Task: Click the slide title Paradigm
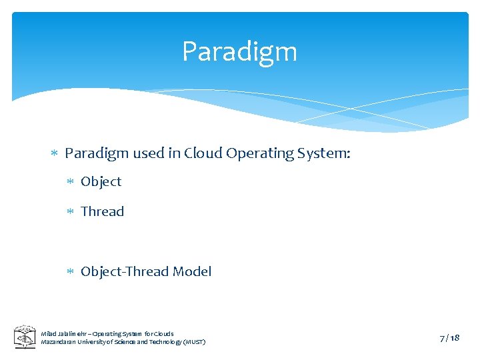click(239, 52)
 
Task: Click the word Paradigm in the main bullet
click(97, 153)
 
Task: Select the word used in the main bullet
click(149, 153)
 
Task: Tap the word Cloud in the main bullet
click(203, 153)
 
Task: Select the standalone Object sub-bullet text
click(101, 182)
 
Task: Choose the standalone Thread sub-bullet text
click(102, 211)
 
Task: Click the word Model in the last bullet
click(192, 271)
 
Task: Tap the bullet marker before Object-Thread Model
click(71, 272)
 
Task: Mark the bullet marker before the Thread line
click(71, 212)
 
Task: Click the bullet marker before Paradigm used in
click(55, 154)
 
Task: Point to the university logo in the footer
click(25, 337)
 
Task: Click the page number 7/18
click(449, 338)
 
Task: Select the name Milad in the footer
click(49, 333)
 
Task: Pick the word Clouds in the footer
click(163, 333)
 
